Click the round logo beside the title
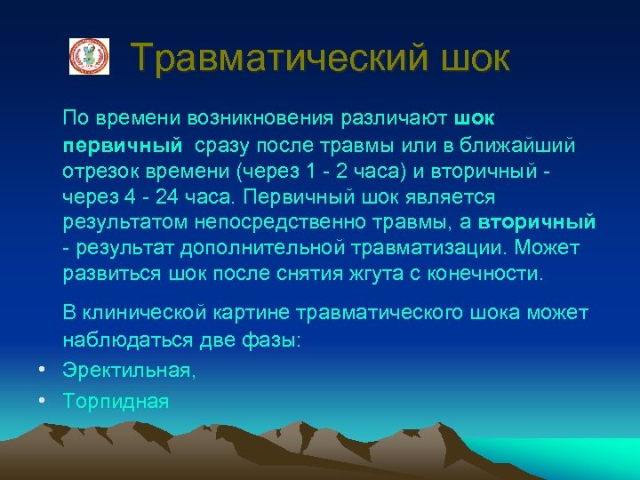coord(89,57)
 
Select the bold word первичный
coord(123,144)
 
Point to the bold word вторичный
coord(537,221)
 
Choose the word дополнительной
coord(244,247)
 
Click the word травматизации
coord(418,247)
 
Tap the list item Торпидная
coord(116,401)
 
